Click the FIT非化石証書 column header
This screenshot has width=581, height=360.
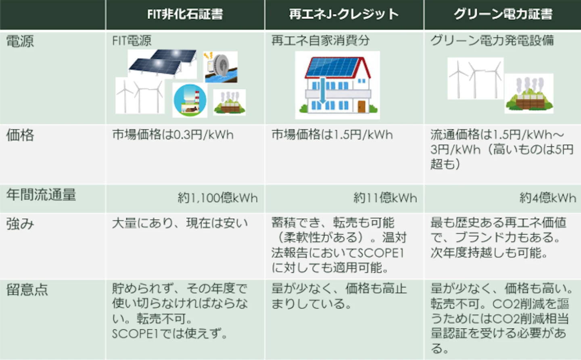[x=185, y=14]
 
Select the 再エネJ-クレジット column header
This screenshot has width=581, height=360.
[x=344, y=14]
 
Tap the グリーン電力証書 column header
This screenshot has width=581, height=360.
[x=503, y=14]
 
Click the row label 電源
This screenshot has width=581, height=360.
[x=20, y=41]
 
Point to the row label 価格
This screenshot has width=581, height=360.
[x=20, y=135]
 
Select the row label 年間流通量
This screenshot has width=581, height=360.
[x=41, y=195]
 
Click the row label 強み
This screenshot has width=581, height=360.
[x=20, y=224]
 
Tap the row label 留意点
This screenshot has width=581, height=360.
[x=27, y=289]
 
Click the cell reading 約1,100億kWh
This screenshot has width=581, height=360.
[x=217, y=198]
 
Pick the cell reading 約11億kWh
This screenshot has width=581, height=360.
[x=385, y=198]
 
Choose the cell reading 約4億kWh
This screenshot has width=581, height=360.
[x=548, y=198]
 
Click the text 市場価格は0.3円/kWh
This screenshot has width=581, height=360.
[x=173, y=135]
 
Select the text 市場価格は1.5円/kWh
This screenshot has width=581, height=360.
[x=332, y=135]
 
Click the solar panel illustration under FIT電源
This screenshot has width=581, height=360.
[x=163, y=63]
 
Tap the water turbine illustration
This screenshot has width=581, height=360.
[x=220, y=67]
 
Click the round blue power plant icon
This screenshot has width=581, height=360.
[x=190, y=100]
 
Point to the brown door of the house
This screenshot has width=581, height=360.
[x=362, y=106]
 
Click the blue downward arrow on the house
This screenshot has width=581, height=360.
[x=322, y=91]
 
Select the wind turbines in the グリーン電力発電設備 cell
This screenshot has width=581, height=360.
[x=475, y=78]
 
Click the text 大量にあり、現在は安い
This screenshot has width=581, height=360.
[x=180, y=223]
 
